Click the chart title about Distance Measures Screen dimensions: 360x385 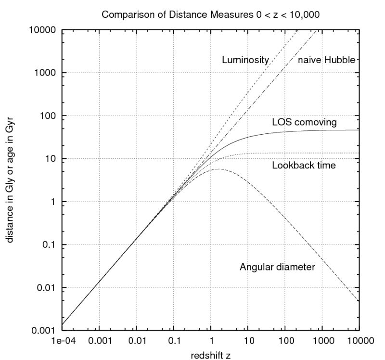(x=210, y=14)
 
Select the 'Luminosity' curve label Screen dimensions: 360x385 (x=245, y=60)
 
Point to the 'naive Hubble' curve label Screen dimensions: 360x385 (x=326, y=60)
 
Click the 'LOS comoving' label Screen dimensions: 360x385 (x=304, y=122)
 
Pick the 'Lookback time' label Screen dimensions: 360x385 (x=304, y=166)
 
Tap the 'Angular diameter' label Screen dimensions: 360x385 (x=277, y=267)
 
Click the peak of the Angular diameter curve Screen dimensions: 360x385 (x=219, y=169)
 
